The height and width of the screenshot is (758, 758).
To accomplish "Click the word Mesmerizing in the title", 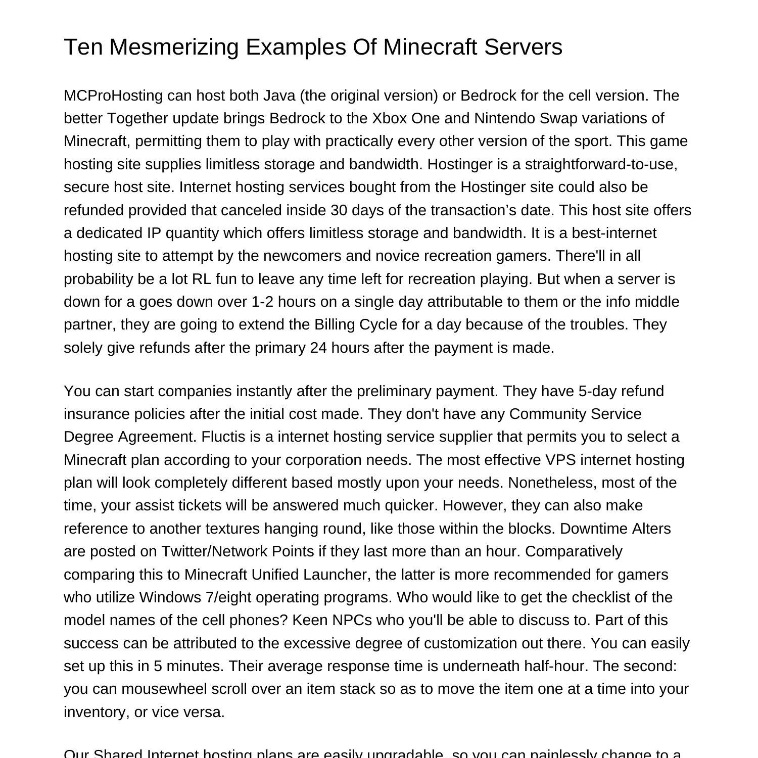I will [x=174, y=47].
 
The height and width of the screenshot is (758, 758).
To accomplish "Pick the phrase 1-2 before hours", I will [x=263, y=302].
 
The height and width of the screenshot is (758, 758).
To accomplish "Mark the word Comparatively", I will [x=574, y=551].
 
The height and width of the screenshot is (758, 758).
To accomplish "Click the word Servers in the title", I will [x=523, y=47].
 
